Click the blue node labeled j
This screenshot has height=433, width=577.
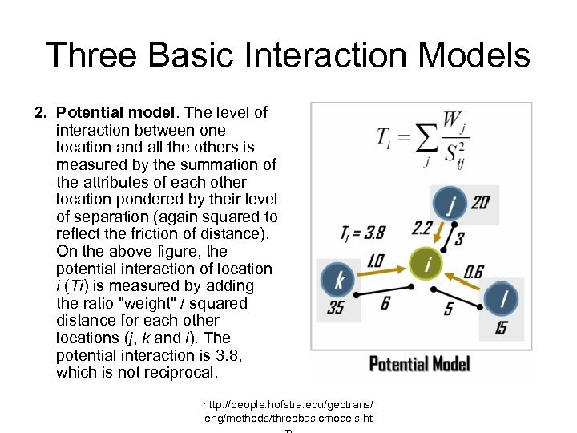pos(451,205)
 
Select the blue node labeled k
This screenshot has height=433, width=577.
pos(338,280)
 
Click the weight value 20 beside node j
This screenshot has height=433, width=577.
pos(480,203)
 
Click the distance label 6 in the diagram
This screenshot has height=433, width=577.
pos(385,302)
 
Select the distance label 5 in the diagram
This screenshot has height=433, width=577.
pos(450,309)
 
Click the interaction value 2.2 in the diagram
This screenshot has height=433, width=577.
pos(422,229)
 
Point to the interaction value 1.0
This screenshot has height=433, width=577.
pos(374,261)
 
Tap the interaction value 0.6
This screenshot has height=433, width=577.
pos(473,273)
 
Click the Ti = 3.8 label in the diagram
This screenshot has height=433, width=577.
pos(363,233)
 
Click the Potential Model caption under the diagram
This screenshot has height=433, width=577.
pos(419,365)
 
